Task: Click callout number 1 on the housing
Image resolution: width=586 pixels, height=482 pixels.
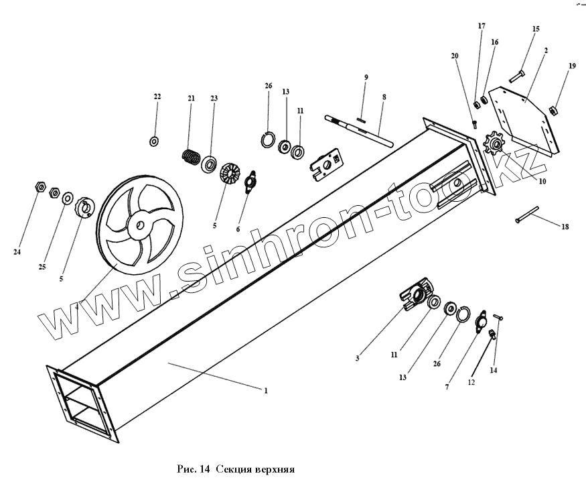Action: [x=266, y=390]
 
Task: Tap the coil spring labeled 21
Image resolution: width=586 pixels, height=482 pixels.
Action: [x=192, y=158]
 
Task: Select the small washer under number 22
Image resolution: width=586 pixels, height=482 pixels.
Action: [x=155, y=141]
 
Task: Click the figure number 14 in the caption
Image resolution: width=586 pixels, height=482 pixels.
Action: [x=203, y=469]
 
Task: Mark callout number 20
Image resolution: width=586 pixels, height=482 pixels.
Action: [x=455, y=56]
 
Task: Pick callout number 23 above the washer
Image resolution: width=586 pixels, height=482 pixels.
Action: [x=214, y=99]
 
